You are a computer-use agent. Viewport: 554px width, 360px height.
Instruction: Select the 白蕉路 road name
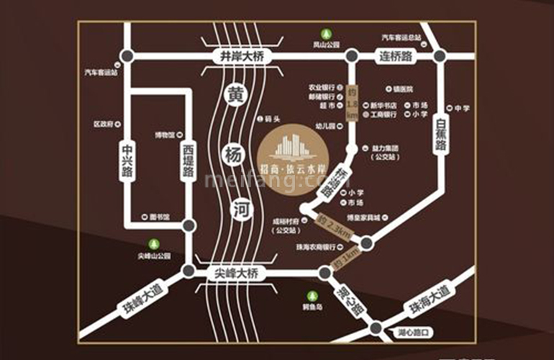pyautogui.click(x=440, y=135)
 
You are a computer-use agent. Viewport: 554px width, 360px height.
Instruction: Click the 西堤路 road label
pyautogui.click(x=189, y=159)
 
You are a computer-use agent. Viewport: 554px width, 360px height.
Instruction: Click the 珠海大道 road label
pyautogui.click(x=429, y=300)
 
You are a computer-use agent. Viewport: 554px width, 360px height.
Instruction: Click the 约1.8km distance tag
pyautogui.click(x=352, y=102)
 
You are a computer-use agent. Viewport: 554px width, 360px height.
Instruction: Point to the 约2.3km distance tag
pyautogui.click(x=335, y=228)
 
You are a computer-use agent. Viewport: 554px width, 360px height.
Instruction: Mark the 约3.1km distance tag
pyautogui.click(x=348, y=258)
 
